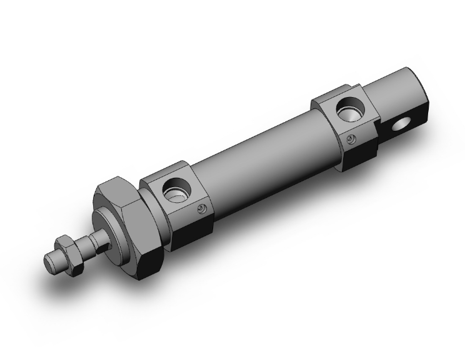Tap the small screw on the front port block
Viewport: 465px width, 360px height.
pyautogui.click(x=201, y=210)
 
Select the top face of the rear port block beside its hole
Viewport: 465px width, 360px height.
pyautogui.click(x=329, y=100)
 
